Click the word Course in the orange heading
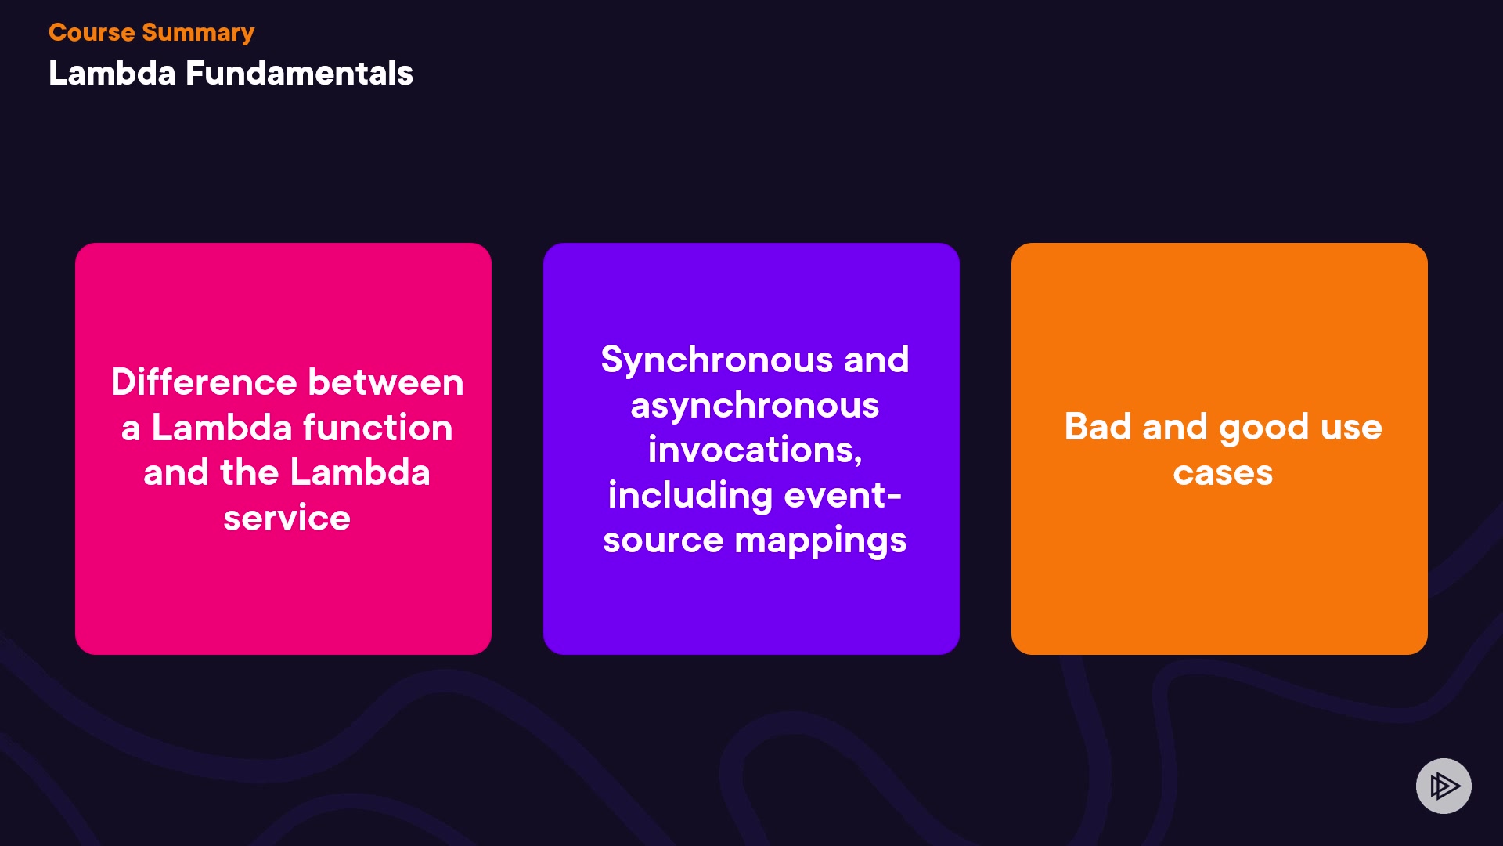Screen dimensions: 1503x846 [92, 32]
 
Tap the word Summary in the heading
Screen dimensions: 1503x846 [198, 34]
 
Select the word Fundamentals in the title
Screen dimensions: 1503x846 [299, 73]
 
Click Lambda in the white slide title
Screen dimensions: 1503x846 [112, 73]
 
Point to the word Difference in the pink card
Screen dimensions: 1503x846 [204, 382]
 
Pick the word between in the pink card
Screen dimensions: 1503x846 [386, 382]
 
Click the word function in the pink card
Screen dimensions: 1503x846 [378, 428]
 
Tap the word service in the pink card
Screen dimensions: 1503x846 [287, 519]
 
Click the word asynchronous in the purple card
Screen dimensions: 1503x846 [755, 406]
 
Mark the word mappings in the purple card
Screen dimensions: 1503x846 [820, 541]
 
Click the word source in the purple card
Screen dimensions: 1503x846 [663, 541]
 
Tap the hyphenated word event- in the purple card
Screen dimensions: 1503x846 [843, 496]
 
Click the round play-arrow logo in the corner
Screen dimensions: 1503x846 [1444, 786]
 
